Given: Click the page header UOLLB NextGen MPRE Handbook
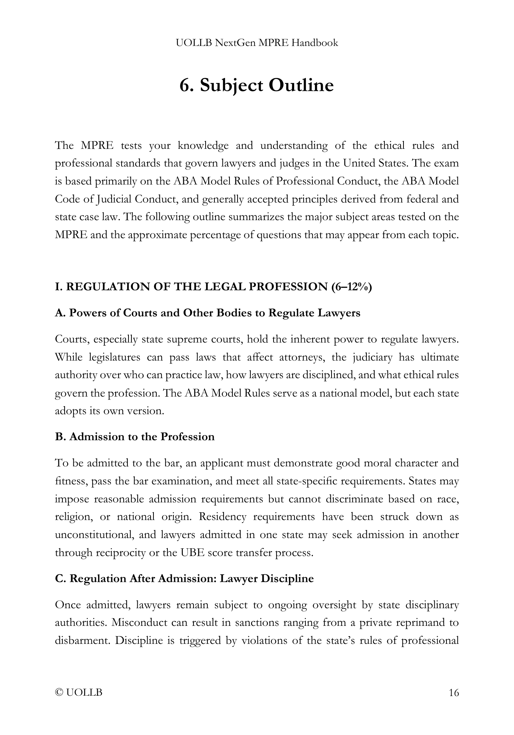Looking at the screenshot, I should coord(257,43).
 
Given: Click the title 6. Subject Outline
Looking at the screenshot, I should coord(257,85).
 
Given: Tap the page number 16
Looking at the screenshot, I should coord(454,693).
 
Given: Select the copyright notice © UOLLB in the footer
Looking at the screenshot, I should coord(79,693).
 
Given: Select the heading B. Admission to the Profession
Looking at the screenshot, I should coord(135,437).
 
